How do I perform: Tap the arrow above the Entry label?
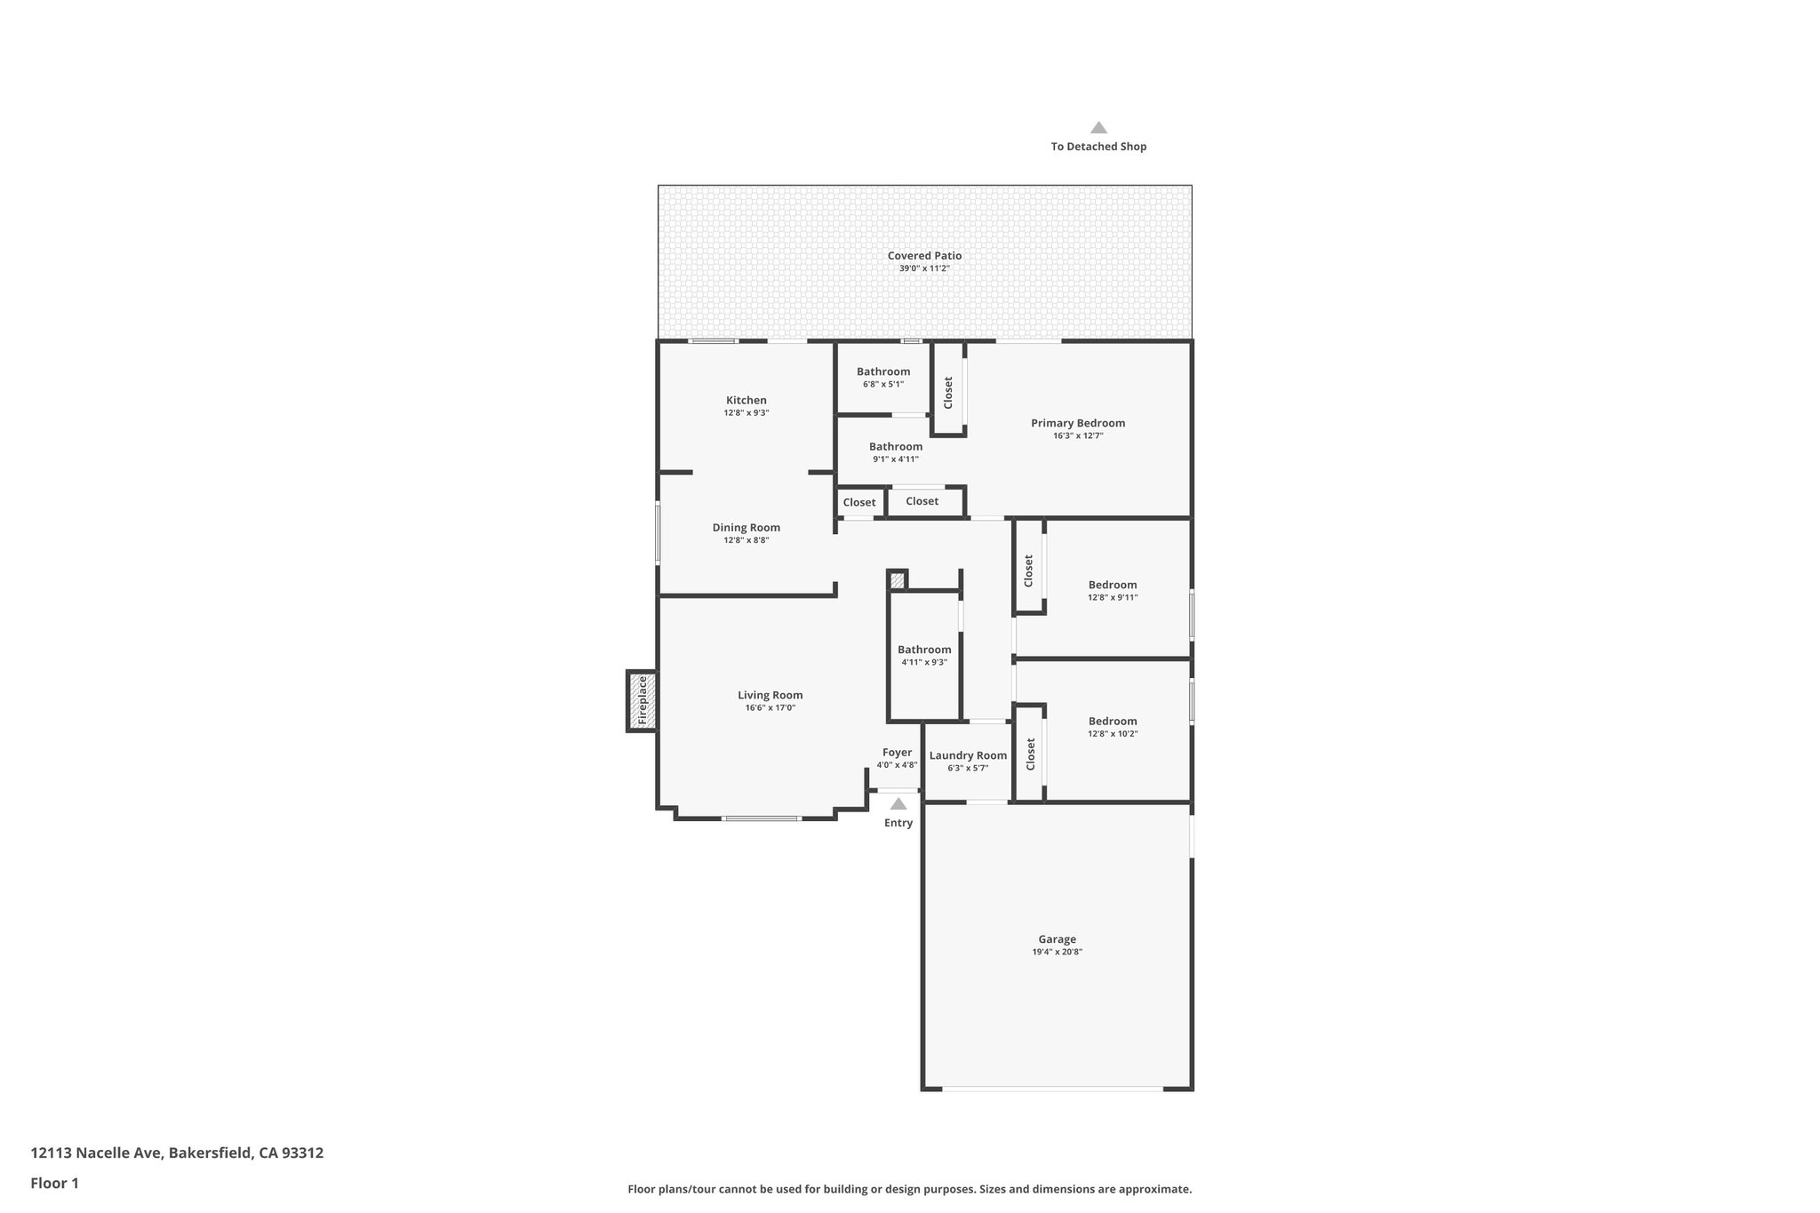[898, 804]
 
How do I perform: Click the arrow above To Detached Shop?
[1098, 128]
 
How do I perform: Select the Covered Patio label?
[924, 256]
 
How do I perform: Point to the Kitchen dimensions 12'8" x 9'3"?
[746, 413]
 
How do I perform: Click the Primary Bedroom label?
[1077, 423]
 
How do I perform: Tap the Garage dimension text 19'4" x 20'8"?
[1057, 952]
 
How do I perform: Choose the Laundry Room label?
[968, 755]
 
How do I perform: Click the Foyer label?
[897, 753]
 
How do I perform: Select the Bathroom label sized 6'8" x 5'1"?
[882, 371]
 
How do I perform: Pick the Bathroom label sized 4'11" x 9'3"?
[923, 650]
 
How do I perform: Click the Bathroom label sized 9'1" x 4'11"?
[895, 447]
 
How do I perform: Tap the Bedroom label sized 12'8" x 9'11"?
[1112, 585]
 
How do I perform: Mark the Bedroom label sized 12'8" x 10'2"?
[1112, 722]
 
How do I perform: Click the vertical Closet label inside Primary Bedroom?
[948, 392]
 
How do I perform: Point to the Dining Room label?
[746, 528]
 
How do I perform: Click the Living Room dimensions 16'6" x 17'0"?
[770, 708]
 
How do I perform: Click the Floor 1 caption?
[55, 1183]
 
